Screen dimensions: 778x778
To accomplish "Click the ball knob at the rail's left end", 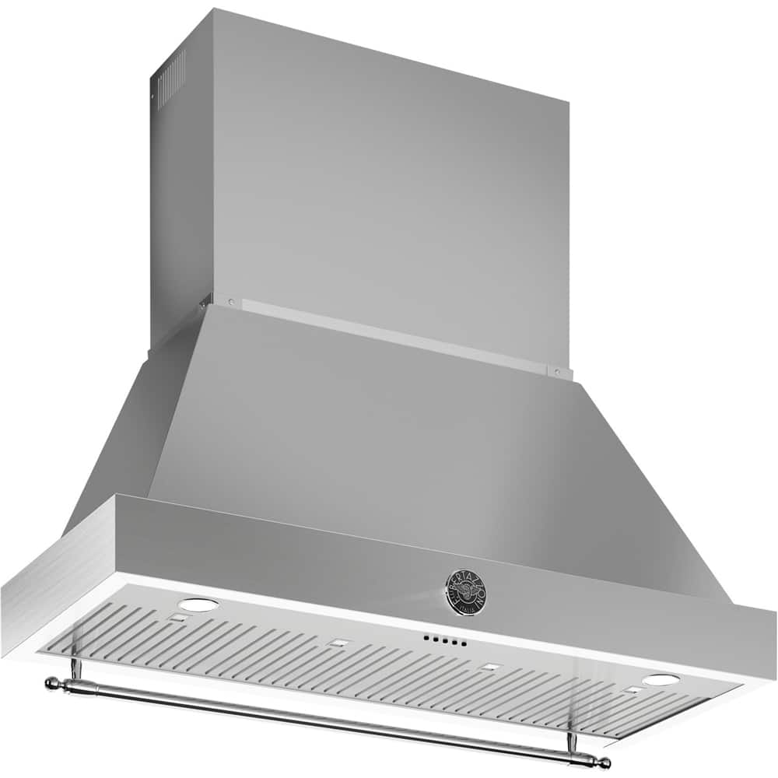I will click(x=51, y=683).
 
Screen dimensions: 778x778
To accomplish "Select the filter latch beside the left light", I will click(x=178, y=619).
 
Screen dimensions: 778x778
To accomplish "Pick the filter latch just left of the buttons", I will click(x=338, y=643).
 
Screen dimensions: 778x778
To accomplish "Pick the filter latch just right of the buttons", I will click(x=489, y=666).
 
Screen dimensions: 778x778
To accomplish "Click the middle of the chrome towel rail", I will click(x=327, y=720).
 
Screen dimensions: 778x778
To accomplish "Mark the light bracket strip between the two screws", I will click(x=389, y=333).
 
